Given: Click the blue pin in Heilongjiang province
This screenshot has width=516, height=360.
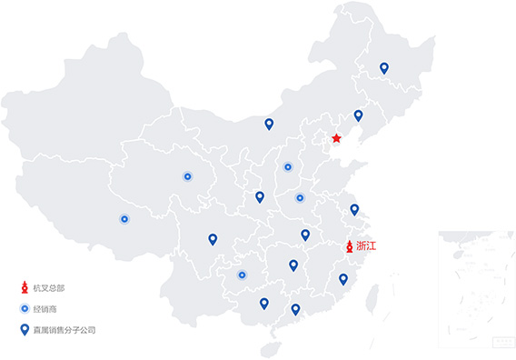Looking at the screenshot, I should click(384, 67).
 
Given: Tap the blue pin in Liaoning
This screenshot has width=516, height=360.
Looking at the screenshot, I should click(358, 115).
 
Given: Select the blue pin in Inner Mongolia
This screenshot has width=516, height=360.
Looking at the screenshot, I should click(268, 124).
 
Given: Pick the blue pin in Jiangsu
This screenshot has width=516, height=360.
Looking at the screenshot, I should click(354, 209).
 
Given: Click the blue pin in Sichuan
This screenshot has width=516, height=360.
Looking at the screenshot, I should click(213, 239).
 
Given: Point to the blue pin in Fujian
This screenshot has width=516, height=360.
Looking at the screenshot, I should click(343, 279).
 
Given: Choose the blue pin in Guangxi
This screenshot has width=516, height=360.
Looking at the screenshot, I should click(264, 304).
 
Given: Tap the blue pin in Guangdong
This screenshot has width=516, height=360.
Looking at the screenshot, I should click(295, 309).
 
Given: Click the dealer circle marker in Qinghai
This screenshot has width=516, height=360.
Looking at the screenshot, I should click(187, 176).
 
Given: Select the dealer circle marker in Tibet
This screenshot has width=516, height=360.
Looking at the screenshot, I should click(124, 218).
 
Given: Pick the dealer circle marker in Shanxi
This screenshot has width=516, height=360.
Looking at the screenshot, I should click(288, 166).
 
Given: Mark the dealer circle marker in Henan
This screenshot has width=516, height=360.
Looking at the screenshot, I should click(300, 197).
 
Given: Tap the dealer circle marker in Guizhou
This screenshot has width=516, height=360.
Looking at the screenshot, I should click(242, 275).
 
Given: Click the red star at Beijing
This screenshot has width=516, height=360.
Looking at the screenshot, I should click(336, 138).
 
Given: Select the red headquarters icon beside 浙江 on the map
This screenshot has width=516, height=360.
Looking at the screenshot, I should click(349, 246).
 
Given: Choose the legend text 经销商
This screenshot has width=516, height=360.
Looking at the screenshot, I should click(45, 309).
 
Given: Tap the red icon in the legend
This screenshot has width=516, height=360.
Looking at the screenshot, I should click(25, 288).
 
